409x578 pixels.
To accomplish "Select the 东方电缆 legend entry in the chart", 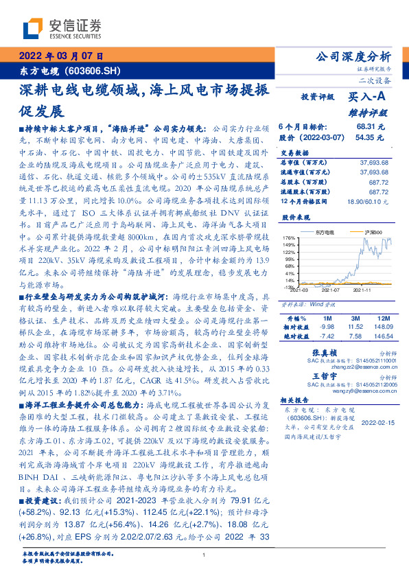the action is click(323, 234).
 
